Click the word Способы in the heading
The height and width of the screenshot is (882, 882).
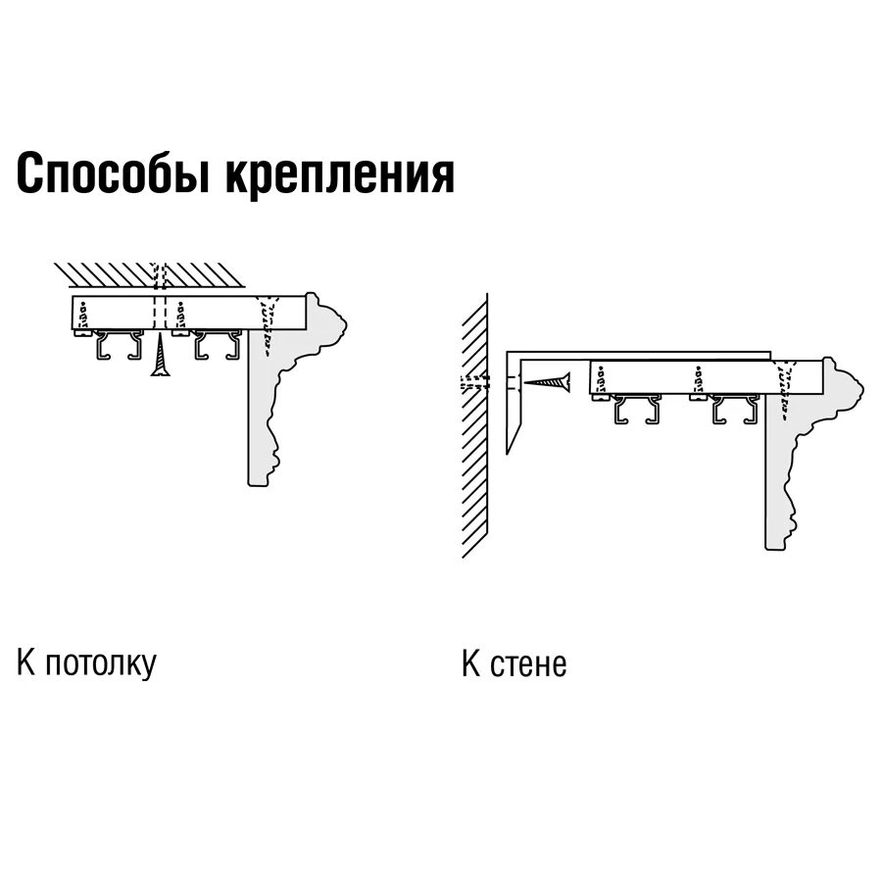click(x=113, y=174)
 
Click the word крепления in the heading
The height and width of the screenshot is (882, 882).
click(x=341, y=174)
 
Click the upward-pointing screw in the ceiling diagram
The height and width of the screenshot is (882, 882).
click(x=160, y=357)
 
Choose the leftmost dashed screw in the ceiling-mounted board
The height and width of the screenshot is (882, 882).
click(x=84, y=314)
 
